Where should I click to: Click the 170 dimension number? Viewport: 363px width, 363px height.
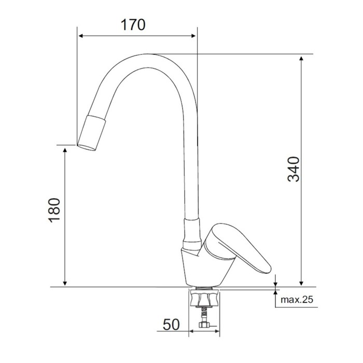[133, 25]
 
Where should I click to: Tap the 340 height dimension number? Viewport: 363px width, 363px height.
[294, 169]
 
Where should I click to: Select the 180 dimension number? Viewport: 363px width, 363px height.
[54, 210]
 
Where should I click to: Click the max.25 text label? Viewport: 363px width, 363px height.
[297, 300]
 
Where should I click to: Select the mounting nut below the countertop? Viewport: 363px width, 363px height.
[204, 298]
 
